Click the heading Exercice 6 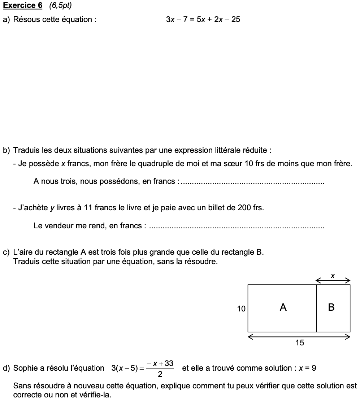pos(22,5)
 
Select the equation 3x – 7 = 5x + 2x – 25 pos(203,20)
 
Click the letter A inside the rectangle pos(283,307)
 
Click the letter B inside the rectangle pos(331,307)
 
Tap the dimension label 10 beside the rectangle pos(241,309)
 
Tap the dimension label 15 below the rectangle pos(300,343)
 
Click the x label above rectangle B pos(333,276)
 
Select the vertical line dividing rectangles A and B pos(317,308)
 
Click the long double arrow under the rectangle pos(299,337)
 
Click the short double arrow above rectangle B pos(333,280)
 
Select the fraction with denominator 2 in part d pos(160,369)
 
